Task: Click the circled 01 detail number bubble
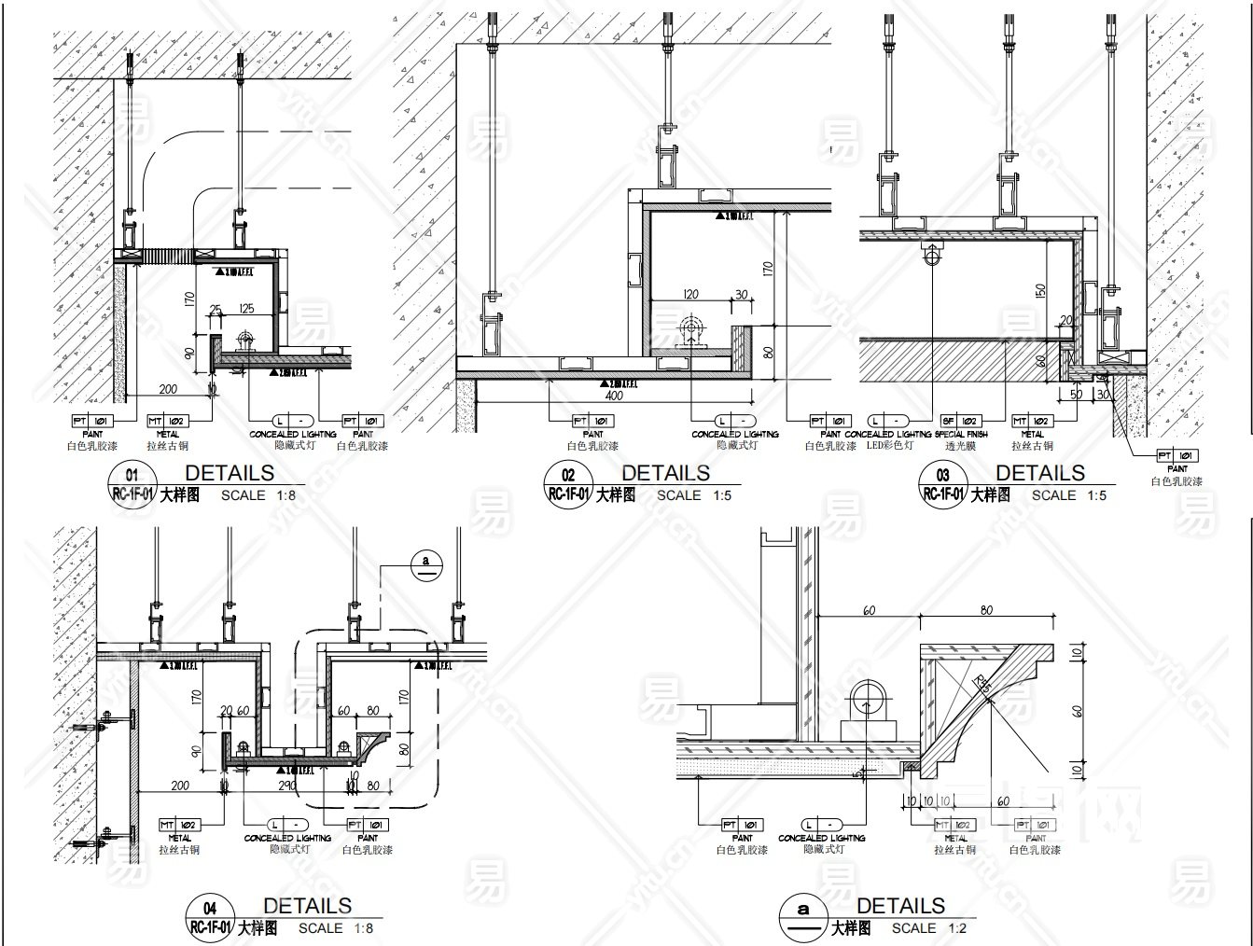click(x=132, y=484)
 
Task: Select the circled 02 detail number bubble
click(x=568, y=484)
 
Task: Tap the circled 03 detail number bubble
click(x=943, y=484)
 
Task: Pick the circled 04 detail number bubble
click(x=210, y=917)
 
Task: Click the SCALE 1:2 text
click(x=928, y=928)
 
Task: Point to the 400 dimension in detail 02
click(x=614, y=396)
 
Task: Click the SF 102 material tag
click(x=961, y=422)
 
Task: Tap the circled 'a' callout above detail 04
click(x=426, y=563)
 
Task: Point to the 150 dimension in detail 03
click(x=1040, y=289)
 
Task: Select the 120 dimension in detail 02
click(x=690, y=295)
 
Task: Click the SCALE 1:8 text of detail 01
click(x=258, y=495)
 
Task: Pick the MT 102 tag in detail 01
click(x=168, y=422)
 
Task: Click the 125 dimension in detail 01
click(x=246, y=309)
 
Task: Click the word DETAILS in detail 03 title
click(x=1040, y=473)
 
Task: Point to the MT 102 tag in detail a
click(x=955, y=825)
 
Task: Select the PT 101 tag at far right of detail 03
click(x=1177, y=455)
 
